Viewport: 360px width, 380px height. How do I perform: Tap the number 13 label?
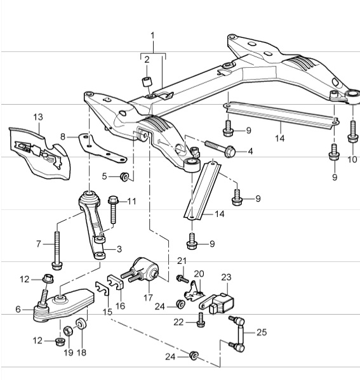tap(37, 117)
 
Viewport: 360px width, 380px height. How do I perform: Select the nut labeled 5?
tap(126, 176)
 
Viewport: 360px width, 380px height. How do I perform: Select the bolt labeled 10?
tap(351, 131)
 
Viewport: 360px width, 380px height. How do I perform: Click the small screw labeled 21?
tap(181, 277)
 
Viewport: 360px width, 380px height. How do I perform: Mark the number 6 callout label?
tap(18, 309)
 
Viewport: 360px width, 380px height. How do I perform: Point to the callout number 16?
tap(121, 306)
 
